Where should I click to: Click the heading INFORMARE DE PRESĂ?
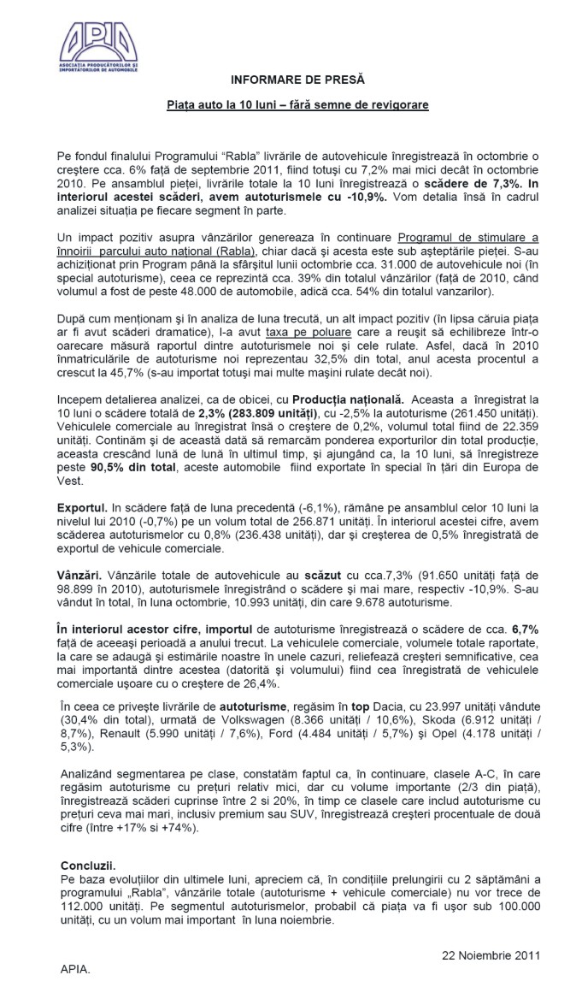click(x=297, y=80)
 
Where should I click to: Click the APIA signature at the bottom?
click(x=75, y=970)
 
